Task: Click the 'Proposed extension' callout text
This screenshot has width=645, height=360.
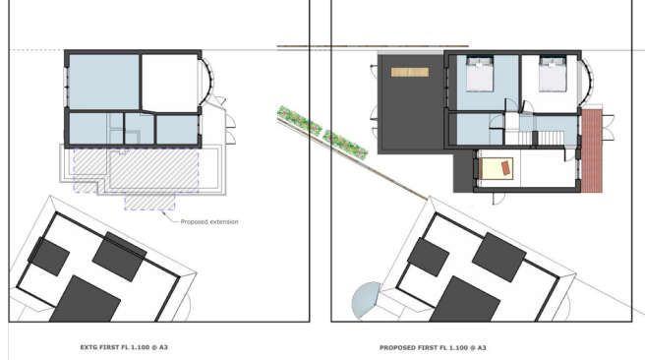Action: click(x=209, y=221)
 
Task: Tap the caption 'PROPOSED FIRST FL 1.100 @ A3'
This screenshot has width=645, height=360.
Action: click(x=434, y=347)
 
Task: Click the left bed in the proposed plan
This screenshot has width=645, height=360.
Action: click(x=479, y=75)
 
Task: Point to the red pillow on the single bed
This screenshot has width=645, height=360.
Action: click(x=504, y=168)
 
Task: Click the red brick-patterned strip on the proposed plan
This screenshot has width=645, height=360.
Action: click(x=594, y=150)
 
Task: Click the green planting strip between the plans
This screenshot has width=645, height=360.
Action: click(x=322, y=132)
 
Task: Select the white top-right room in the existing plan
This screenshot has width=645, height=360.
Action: click(x=169, y=82)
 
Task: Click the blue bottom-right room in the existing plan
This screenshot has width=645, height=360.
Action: click(x=177, y=129)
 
